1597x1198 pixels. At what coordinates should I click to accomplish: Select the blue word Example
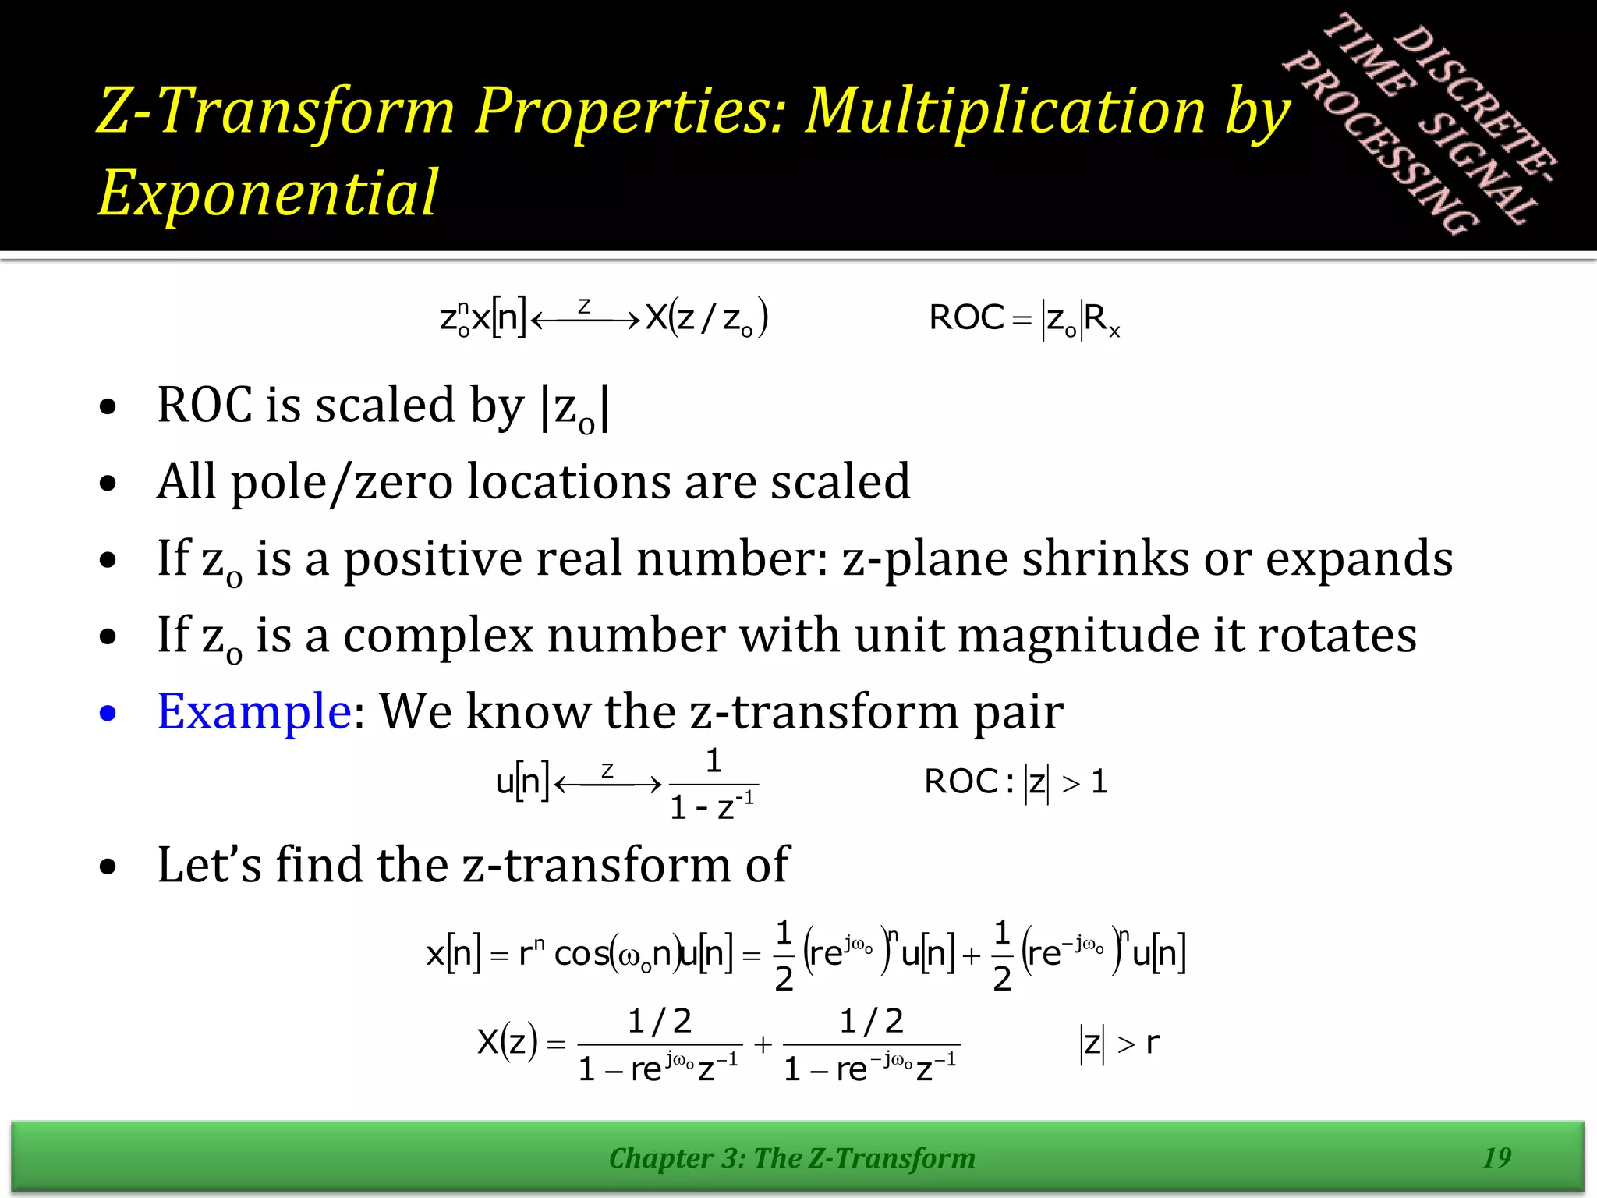(x=254, y=711)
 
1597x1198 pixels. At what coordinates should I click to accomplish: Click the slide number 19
(x=1496, y=1157)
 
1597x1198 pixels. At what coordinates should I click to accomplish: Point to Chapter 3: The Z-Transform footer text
(x=791, y=1158)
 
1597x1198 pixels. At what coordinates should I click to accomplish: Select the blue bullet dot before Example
(x=108, y=713)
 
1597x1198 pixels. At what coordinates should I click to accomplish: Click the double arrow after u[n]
(x=607, y=783)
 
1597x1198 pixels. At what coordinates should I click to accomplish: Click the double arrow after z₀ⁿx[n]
(x=585, y=319)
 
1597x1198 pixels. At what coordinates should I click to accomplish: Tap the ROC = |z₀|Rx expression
(x=1024, y=319)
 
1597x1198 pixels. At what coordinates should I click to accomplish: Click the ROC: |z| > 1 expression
(x=1015, y=782)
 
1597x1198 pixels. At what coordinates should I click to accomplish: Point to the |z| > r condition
(x=1120, y=1044)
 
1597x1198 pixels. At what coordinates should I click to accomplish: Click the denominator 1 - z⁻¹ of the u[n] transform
(x=712, y=807)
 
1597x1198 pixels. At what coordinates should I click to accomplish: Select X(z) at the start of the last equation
(x=507, y=1042)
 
